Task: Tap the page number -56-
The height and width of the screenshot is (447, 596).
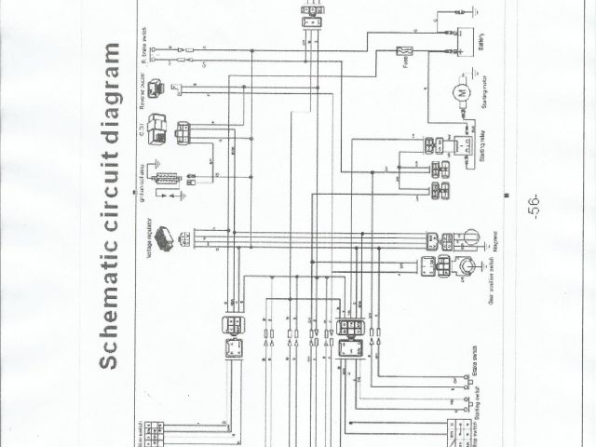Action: click(534, 206)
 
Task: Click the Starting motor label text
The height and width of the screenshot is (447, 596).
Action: click(483, 93)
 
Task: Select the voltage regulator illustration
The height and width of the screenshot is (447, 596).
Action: click(166, 237)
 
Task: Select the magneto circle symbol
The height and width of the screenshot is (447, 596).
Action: click(469, 240)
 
